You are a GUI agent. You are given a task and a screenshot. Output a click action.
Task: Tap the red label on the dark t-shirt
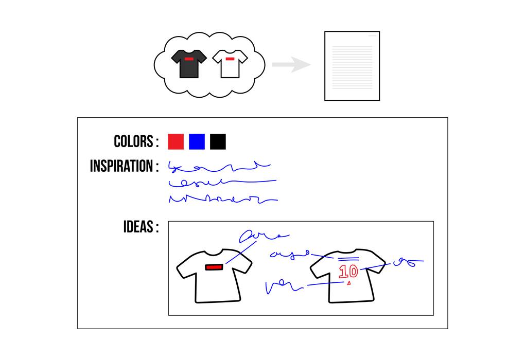tap(189, 59)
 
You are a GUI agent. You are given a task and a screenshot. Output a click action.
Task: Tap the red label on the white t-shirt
tap(230, 59)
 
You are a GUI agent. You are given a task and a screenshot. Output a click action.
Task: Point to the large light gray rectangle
tap(352, 67)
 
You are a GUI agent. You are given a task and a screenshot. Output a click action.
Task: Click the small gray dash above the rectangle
tap(372, 35)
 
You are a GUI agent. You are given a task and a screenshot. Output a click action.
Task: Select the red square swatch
tap(176, 141)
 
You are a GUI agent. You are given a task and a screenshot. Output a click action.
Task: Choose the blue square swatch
tap(197, 141)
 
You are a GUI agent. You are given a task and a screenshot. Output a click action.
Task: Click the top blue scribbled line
tap(219, 167)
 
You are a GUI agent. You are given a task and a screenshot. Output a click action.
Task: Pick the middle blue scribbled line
tap(221, 182)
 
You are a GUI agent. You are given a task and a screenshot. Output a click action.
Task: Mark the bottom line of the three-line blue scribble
tap(221, 199)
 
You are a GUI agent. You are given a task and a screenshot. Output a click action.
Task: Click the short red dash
tap(214, 267)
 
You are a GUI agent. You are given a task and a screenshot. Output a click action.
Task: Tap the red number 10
tap(348, 271)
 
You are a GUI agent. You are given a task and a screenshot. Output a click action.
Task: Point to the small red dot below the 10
tap(349, 283)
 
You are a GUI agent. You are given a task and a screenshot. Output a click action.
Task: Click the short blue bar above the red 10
tap(348, 259)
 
